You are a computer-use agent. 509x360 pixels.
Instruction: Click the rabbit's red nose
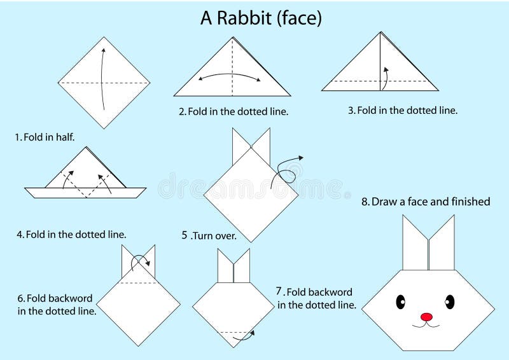(426, 317)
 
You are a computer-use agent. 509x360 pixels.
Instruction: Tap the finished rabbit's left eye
(401, 302)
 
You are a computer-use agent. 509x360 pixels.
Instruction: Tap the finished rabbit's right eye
(450, 302)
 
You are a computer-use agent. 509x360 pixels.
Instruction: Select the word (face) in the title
(299, 18)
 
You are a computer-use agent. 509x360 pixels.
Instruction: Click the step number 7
(279, 291)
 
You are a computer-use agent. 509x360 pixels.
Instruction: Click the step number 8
(365, 202)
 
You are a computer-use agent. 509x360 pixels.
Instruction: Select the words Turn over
(214, 235)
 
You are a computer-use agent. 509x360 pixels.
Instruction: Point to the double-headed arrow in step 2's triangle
(230, 74)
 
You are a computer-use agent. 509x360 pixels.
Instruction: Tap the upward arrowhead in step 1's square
(103, 51)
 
